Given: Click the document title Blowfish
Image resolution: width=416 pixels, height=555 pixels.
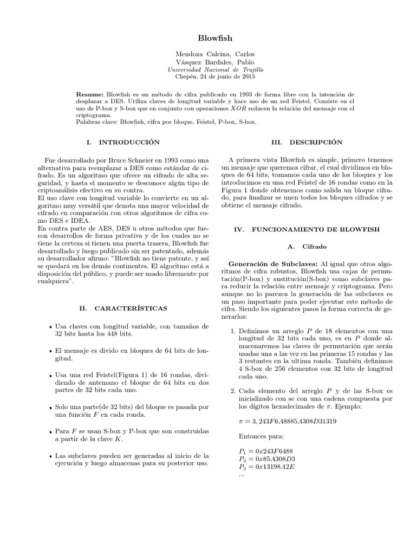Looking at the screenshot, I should pos(209,38).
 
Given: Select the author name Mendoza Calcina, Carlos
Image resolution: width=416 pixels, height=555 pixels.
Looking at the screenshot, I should pos(209,55).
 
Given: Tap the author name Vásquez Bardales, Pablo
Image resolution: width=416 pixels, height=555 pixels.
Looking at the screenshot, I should pos(209,63).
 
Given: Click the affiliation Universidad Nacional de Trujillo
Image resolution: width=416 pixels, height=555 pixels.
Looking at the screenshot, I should pos(209,70).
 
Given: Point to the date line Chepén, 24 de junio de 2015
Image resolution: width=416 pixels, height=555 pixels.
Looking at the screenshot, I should pos(209,78).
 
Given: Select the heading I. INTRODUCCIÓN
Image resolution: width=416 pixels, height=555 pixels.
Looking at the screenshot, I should pos(123,142).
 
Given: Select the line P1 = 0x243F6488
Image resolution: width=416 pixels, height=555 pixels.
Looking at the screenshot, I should pos(263,451).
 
